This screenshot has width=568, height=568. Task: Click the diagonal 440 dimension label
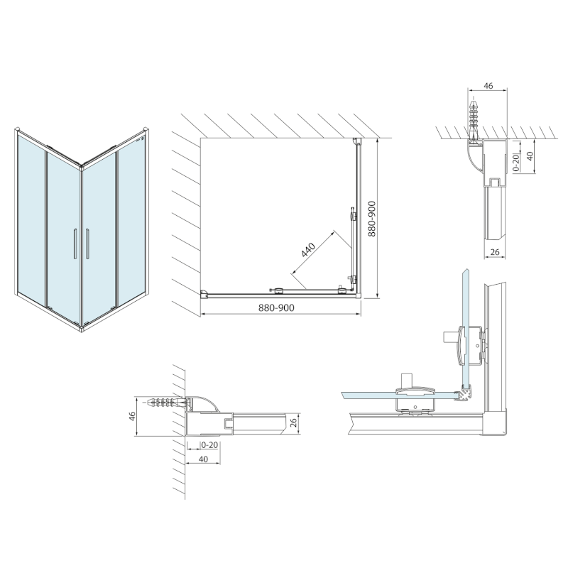click(x=307, y=251)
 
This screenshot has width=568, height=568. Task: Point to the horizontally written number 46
click(x=487, y=85)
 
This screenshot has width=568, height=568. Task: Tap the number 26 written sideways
click(x=292, y=423)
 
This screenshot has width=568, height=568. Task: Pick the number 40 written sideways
click(x=528, y=156)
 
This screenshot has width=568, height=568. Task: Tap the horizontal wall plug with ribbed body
click(x=169, y=401)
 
